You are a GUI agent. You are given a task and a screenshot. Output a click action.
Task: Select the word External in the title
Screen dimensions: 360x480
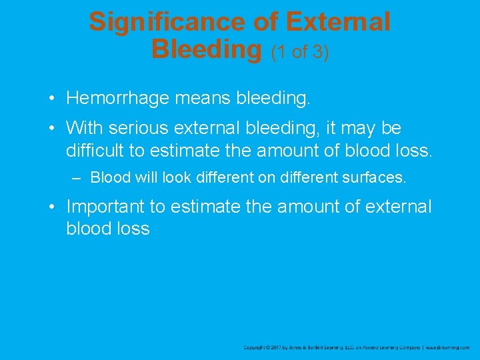[337, 22]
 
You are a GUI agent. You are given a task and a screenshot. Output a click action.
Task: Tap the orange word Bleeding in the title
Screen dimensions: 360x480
[207, 49]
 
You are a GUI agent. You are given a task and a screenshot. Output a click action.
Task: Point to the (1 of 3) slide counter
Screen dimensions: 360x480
[299, 52]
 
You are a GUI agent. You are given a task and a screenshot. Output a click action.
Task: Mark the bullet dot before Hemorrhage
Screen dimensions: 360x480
[51, 99]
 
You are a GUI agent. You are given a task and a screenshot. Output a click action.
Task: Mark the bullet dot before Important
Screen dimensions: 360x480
[51, 207]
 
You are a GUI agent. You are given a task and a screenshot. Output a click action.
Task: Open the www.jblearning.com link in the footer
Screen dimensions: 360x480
[447, 347]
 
